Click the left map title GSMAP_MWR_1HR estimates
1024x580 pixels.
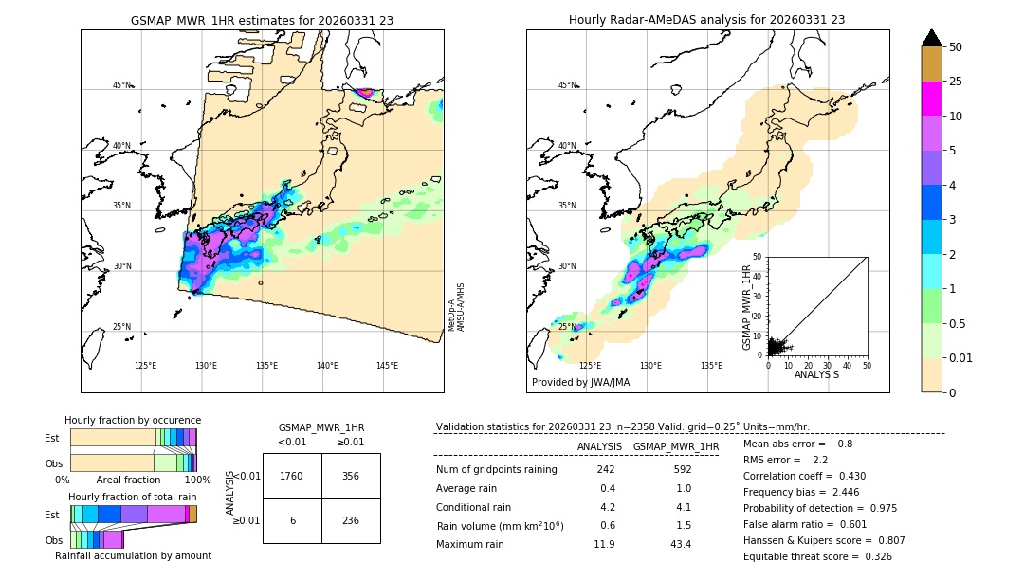point(262,20)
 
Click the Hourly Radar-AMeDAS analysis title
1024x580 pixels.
point(706,20)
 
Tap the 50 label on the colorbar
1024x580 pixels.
point(956,47)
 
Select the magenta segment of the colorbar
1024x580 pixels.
point(931,99)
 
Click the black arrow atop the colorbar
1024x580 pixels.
point(931,38)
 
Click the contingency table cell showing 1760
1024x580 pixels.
point(292,477)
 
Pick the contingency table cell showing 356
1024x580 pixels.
point(351,477)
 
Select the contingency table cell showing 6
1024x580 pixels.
point(292,520)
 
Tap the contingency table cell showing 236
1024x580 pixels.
point(351,520)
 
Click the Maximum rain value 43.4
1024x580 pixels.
point(681,544)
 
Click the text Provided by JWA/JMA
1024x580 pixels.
point(580,383)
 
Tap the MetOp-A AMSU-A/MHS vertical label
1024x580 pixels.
point(456,307)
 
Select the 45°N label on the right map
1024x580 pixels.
point(566,85)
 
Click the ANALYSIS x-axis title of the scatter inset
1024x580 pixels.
point(816,374)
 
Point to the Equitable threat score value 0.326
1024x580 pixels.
point(872,556)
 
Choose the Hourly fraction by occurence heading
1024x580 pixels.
point(133,420)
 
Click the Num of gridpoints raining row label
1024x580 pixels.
point(497,470)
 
